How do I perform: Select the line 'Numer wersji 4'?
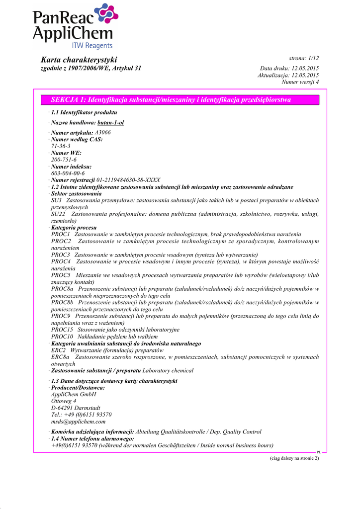300,82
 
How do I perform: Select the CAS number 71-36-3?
61,147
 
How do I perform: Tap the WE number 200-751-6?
64,160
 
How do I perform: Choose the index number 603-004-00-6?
68,173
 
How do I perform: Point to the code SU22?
58,214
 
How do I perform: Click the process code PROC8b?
62,302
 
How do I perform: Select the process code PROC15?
61,330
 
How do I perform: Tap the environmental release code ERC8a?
60,357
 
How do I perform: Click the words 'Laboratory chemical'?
168,371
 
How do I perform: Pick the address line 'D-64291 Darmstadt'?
76,408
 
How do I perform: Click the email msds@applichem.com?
78,422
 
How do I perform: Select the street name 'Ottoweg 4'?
64,401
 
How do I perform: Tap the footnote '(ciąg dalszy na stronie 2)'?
294,458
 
